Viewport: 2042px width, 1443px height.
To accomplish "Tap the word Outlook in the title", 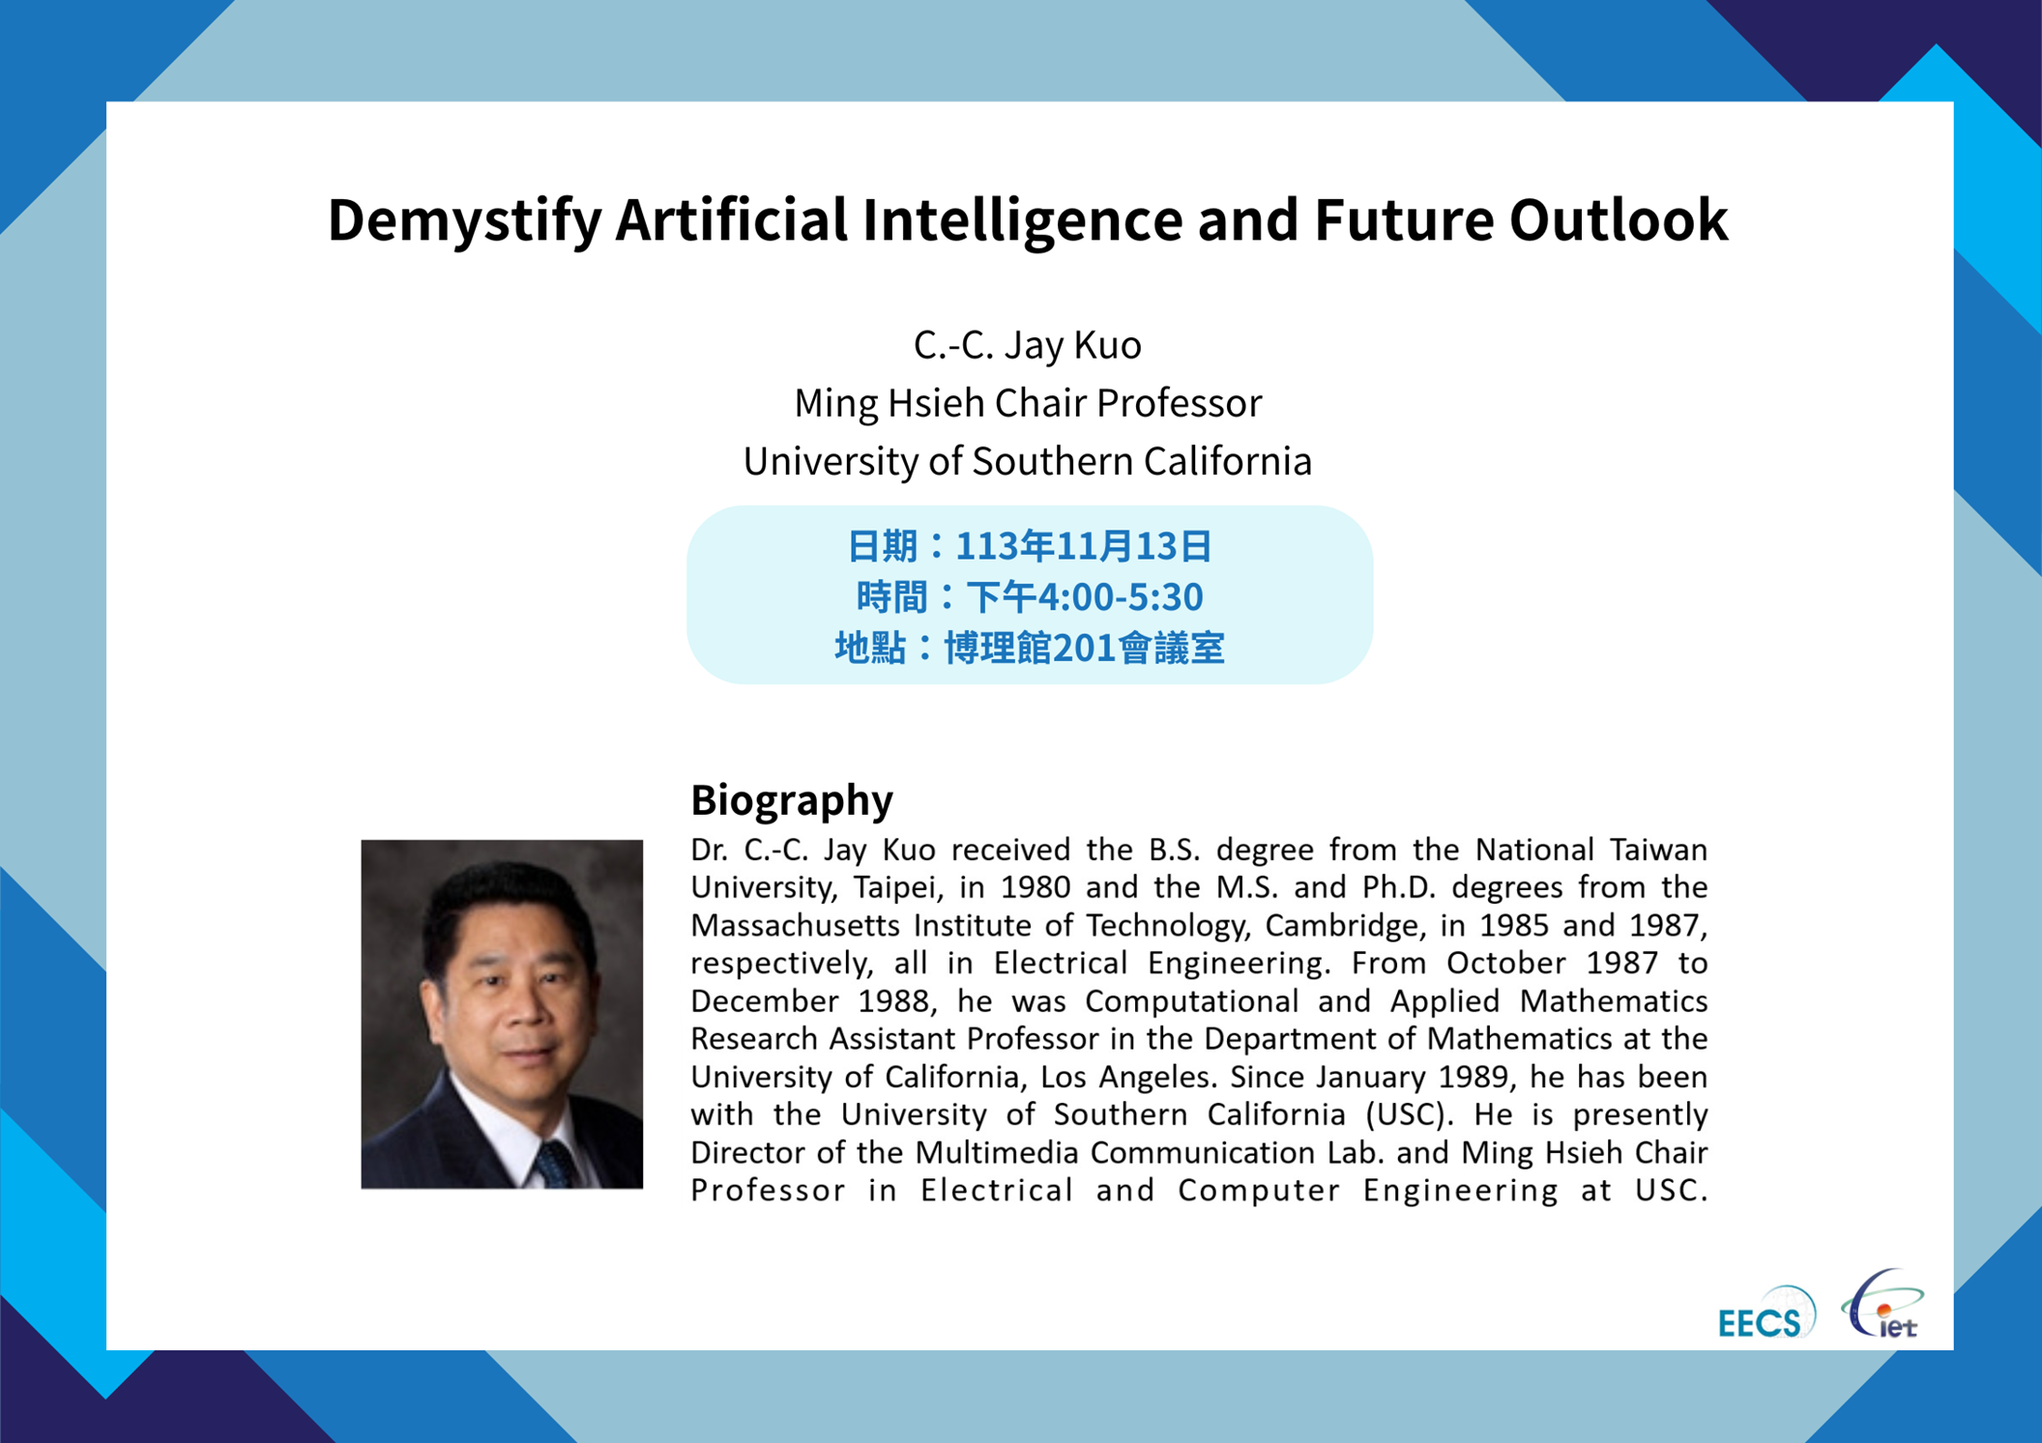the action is [1618, 218].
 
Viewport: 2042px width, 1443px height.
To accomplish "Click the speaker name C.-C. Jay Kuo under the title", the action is [1027, 345].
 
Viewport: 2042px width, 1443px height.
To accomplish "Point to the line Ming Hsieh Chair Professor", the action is [1027, 403].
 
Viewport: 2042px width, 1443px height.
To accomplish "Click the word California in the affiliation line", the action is [1228, 461].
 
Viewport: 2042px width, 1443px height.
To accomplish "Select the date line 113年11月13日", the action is [1083, 546].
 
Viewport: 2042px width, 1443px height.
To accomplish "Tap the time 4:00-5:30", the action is [1120, 597].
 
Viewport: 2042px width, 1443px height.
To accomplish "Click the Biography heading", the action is [792, 800].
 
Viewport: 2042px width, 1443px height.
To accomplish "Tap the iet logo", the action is [1882, 1305].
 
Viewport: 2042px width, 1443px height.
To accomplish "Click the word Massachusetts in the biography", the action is [795, 926].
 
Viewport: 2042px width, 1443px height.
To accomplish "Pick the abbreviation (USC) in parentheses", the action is [1410, 1115].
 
